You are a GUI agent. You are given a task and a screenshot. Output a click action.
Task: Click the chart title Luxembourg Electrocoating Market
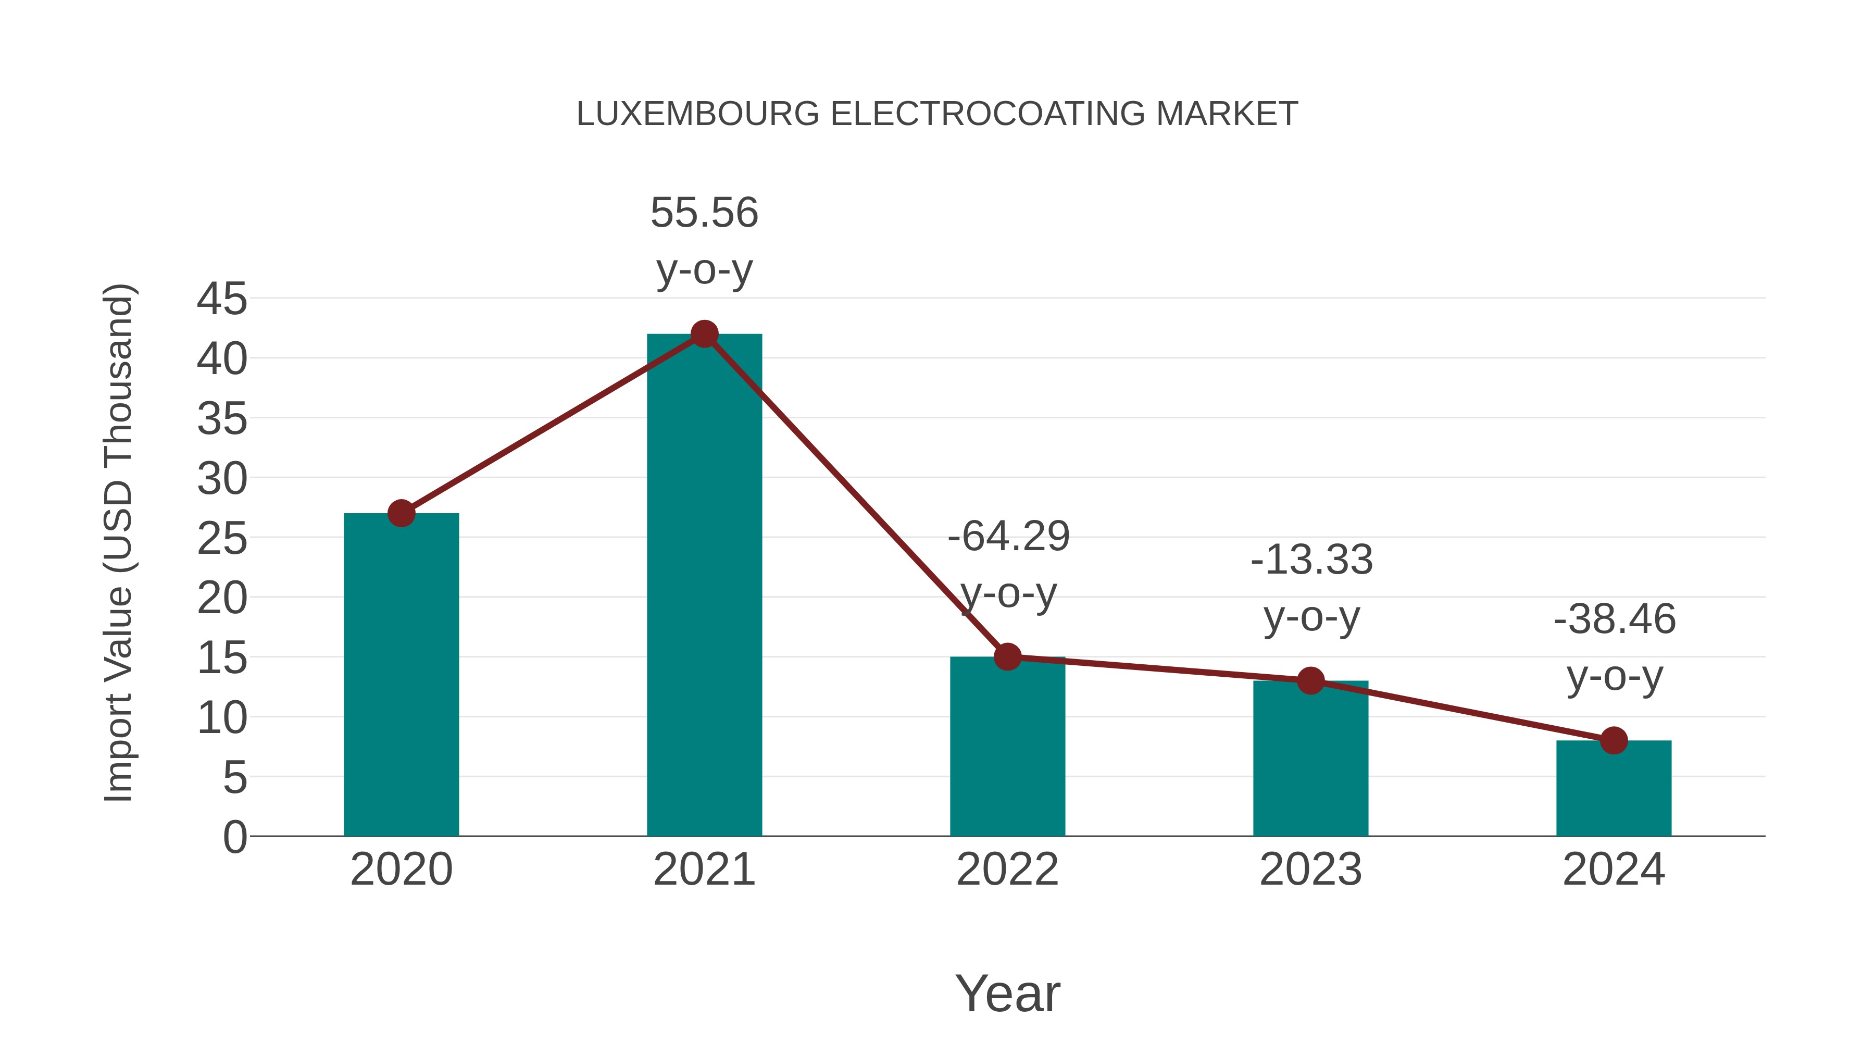937,114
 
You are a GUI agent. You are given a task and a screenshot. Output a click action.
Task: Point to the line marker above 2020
401,513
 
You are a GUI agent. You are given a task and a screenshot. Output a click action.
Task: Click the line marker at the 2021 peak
704,334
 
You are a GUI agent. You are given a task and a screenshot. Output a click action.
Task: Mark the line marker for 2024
1614,740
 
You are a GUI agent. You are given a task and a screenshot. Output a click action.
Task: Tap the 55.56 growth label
704,213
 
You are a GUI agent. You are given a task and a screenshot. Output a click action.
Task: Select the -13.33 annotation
1311,560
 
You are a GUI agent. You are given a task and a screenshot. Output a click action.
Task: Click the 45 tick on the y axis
222,299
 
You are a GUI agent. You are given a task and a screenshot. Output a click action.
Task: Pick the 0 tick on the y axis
234,837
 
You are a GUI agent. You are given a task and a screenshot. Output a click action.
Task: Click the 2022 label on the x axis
1007,870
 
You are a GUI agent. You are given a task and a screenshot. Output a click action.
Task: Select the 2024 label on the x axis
1614,870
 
